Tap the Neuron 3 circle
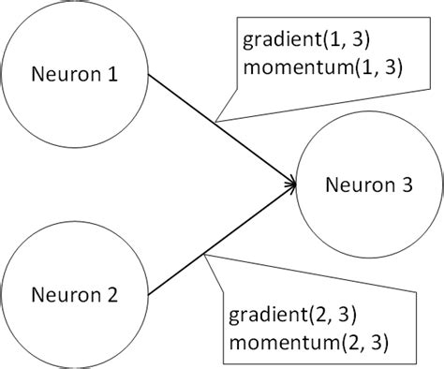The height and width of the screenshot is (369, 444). pyautogui.click(x=368, y=184)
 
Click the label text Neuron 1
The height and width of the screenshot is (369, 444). pyautogui.click(x=75, y=73)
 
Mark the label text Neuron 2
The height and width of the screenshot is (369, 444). pyautogui.click(x=75, y=296)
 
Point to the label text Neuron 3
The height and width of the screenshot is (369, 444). pyautogui.click(x=368, y=184)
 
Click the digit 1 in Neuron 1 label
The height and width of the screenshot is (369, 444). pyautogui.click(x=112, y=73)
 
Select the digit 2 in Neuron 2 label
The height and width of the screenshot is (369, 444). pyautogui.click(x=112, y=296)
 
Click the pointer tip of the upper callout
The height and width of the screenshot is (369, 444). pyautogui.click(x=215, y=121)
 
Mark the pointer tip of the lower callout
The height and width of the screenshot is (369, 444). pyautogui.click(x=203, y=250)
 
